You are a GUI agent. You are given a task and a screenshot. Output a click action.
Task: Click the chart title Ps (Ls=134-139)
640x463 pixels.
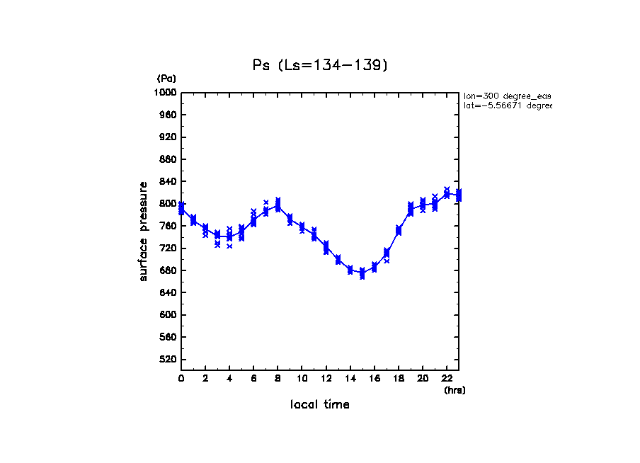320,65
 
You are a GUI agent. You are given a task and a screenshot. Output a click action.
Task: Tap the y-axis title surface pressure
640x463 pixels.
144,231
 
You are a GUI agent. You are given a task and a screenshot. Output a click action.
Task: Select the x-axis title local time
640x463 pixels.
320,405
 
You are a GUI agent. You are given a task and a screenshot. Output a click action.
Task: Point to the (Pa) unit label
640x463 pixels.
166,79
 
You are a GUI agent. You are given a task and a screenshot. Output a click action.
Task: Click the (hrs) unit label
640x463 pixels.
455,390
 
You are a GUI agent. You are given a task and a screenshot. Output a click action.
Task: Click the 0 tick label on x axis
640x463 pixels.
181,379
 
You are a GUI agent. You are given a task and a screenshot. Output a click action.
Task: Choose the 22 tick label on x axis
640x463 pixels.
447,379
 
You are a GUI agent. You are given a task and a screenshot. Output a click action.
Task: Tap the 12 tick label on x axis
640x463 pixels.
326,379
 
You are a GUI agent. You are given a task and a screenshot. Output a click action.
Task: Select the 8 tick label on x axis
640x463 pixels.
278,379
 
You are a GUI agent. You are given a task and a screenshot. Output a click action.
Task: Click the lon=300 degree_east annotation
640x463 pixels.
507,95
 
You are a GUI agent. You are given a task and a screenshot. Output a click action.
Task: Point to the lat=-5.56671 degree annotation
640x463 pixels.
507,105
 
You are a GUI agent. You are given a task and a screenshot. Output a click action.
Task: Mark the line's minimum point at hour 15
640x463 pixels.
362,273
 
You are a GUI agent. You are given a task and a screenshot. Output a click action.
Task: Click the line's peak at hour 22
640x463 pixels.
447,193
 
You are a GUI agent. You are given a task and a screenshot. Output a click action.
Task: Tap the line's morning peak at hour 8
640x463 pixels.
278,207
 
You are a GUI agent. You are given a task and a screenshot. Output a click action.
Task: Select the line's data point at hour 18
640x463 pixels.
399,231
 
